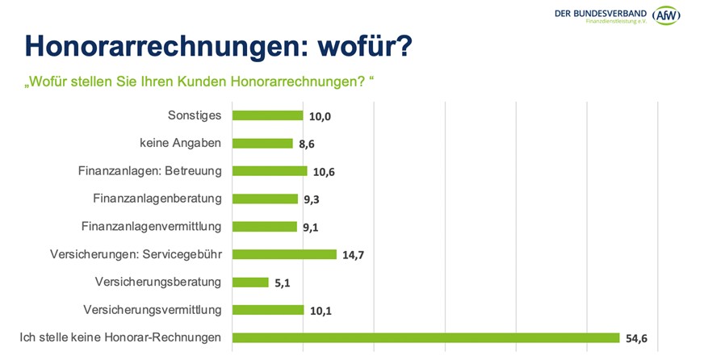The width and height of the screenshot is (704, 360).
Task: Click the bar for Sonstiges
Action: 267,115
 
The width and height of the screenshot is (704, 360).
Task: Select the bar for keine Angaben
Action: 262,144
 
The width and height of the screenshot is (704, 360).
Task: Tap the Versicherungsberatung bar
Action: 250,283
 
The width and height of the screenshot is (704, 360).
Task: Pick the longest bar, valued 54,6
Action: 425,337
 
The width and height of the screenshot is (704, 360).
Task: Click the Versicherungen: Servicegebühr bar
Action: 284,254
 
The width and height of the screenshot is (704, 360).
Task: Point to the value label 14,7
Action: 354,255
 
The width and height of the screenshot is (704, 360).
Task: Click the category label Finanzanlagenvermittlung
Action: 151,226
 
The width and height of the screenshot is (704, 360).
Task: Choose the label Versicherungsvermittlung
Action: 152,309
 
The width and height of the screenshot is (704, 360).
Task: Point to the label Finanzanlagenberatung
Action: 157,198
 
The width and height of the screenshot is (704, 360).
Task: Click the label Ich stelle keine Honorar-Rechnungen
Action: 120,337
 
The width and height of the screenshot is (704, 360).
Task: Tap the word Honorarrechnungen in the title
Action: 153,46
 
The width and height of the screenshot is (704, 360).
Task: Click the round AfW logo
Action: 666,15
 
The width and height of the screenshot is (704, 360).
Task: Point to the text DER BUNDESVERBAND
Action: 601,12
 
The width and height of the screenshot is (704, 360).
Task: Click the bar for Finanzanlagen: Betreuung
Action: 270,171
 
